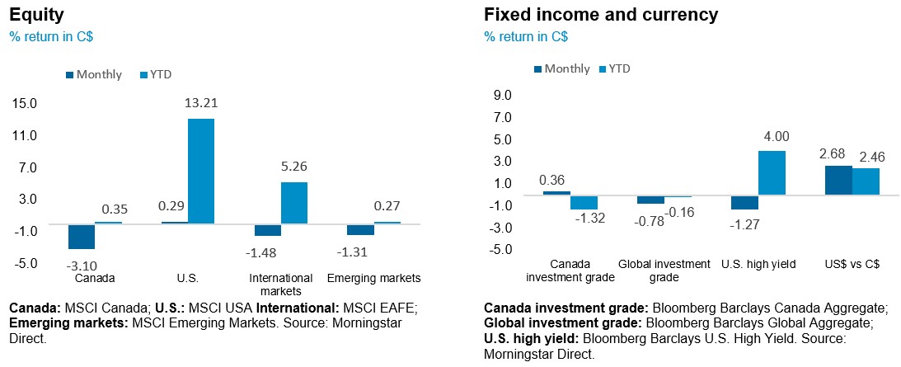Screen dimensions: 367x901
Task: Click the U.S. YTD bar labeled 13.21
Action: pyautogui.click(x=201, y=171)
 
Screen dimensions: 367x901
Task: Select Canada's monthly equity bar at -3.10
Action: pyautogui.click(x=81, y=236)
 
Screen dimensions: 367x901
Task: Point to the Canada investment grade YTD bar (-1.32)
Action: pyautogui.click(x=584, y=202)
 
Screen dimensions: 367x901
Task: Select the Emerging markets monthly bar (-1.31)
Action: pyautogui.click(x=360, y=229)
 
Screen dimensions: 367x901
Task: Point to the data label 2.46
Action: pyautogui.click(x=867, y=157)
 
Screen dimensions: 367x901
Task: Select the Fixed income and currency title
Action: pyautogui.click(x=601, y=15)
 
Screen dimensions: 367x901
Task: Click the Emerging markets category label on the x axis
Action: pyautogui.click(x=374, y=277)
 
